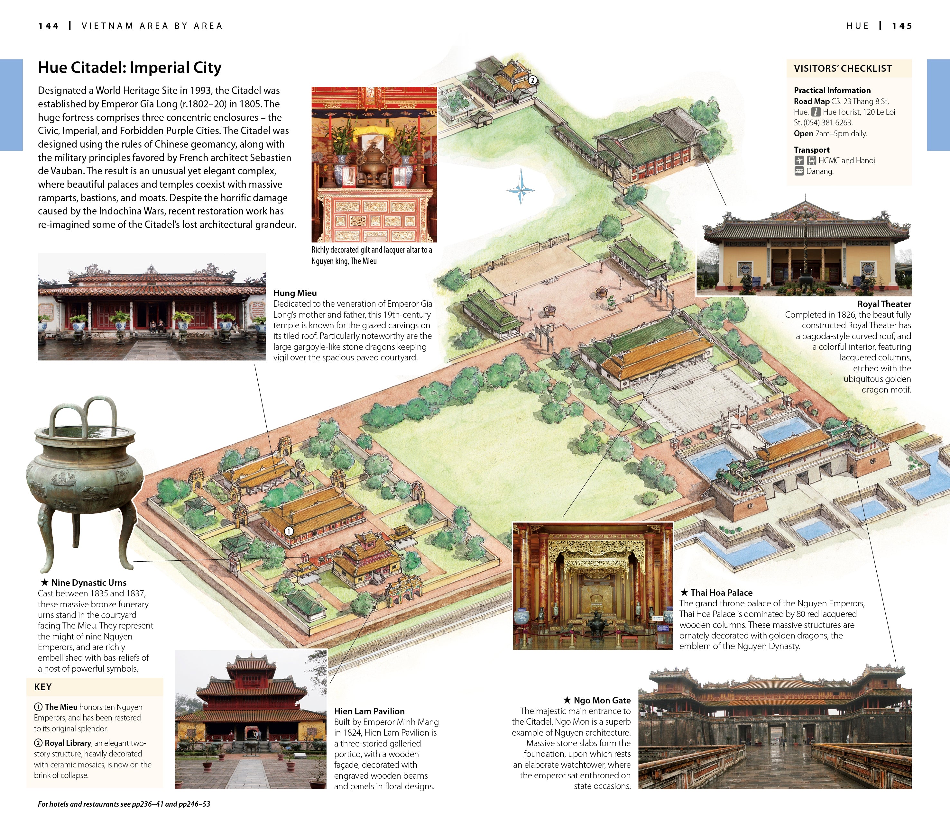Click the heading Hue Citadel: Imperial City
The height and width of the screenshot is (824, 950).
tap(129, 68)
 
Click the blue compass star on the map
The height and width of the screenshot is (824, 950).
tap(521, 189)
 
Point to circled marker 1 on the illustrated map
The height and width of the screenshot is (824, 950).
tap(289, 531)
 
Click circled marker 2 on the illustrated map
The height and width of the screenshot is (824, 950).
tap(532, 80)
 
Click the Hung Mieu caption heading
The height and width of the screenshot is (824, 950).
tap(295, 293)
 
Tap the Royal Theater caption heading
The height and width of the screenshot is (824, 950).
tap(884, 304)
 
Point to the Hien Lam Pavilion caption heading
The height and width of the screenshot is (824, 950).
tap(369, 711)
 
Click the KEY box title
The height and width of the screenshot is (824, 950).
tap(43, 687)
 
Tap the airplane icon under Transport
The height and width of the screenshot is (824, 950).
tap(799, 160)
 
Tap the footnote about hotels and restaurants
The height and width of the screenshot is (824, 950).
tap(124, 804)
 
